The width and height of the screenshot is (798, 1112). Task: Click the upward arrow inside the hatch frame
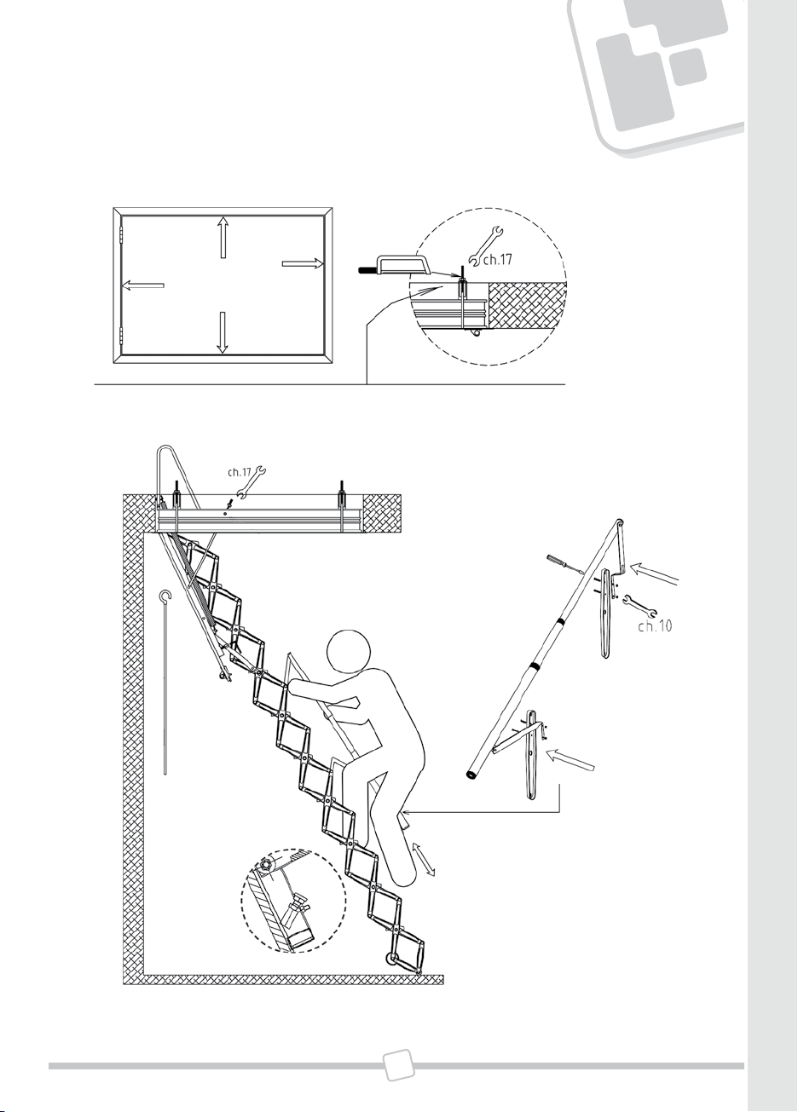coord(223,237)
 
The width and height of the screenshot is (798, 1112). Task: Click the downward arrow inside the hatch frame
coord(223,332)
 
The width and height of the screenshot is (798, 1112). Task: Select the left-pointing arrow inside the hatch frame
coord(143,285)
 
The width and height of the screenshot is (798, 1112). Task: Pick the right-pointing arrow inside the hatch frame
coord(303,263)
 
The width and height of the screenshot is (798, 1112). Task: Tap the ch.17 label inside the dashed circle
coord(497,260)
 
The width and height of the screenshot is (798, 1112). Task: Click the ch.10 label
coord(656,626)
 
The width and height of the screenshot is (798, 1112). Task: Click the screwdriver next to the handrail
coord(565,565)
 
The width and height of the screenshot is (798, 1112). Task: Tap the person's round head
coord(349,651)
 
